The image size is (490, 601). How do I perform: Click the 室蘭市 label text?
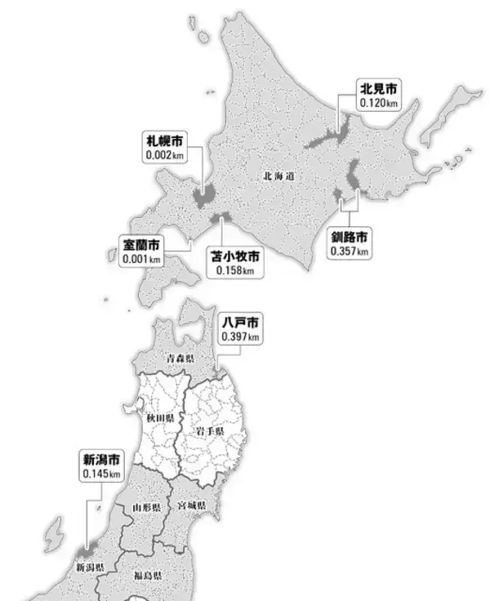[141, 244]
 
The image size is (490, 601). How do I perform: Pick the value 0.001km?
[141, 259]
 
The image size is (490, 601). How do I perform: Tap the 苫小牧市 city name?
[235, 256]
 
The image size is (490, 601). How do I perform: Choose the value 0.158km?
[235, 270]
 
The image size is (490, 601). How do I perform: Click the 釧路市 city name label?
[350, 238]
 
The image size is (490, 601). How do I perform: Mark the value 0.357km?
[350, 252]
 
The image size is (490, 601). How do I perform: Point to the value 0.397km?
[240, 337]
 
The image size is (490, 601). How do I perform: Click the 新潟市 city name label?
[101, 459]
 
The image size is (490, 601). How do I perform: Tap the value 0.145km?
[101, 474]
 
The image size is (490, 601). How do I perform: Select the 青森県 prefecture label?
[180, 358]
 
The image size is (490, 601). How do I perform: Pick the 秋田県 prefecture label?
[160, 418]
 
